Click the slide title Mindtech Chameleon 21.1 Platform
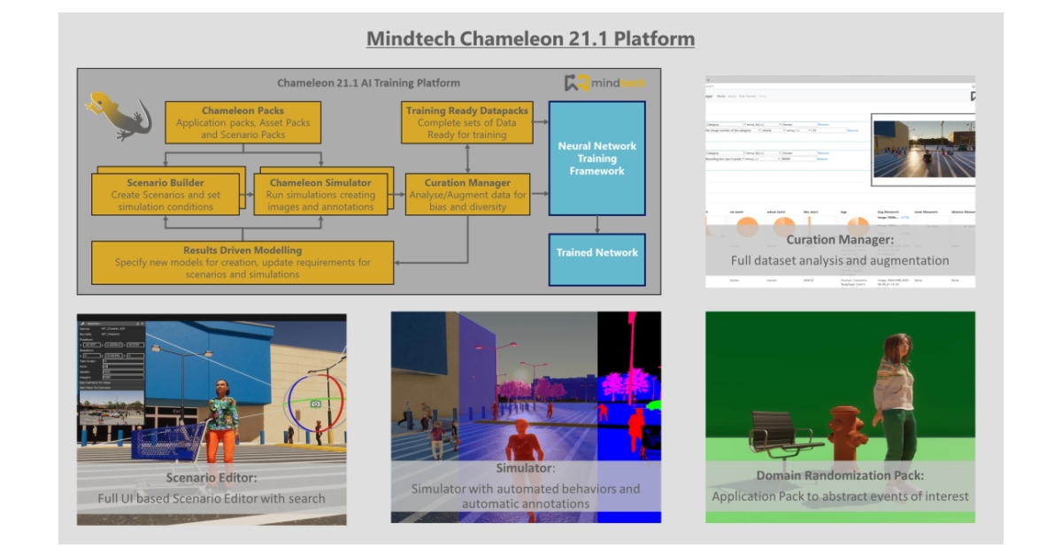(530, 40)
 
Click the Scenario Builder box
(165, 194)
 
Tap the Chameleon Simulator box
(320, 194)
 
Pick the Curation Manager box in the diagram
(466, 194)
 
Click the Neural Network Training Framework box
(596, 158)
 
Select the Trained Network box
(596, 253)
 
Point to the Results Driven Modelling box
(242, 262)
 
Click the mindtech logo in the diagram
(605, 84)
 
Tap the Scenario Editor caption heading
(212, 478)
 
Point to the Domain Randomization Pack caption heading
(840, 476)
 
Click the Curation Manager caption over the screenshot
(839, 239)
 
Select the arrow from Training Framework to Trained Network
(597, 225)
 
